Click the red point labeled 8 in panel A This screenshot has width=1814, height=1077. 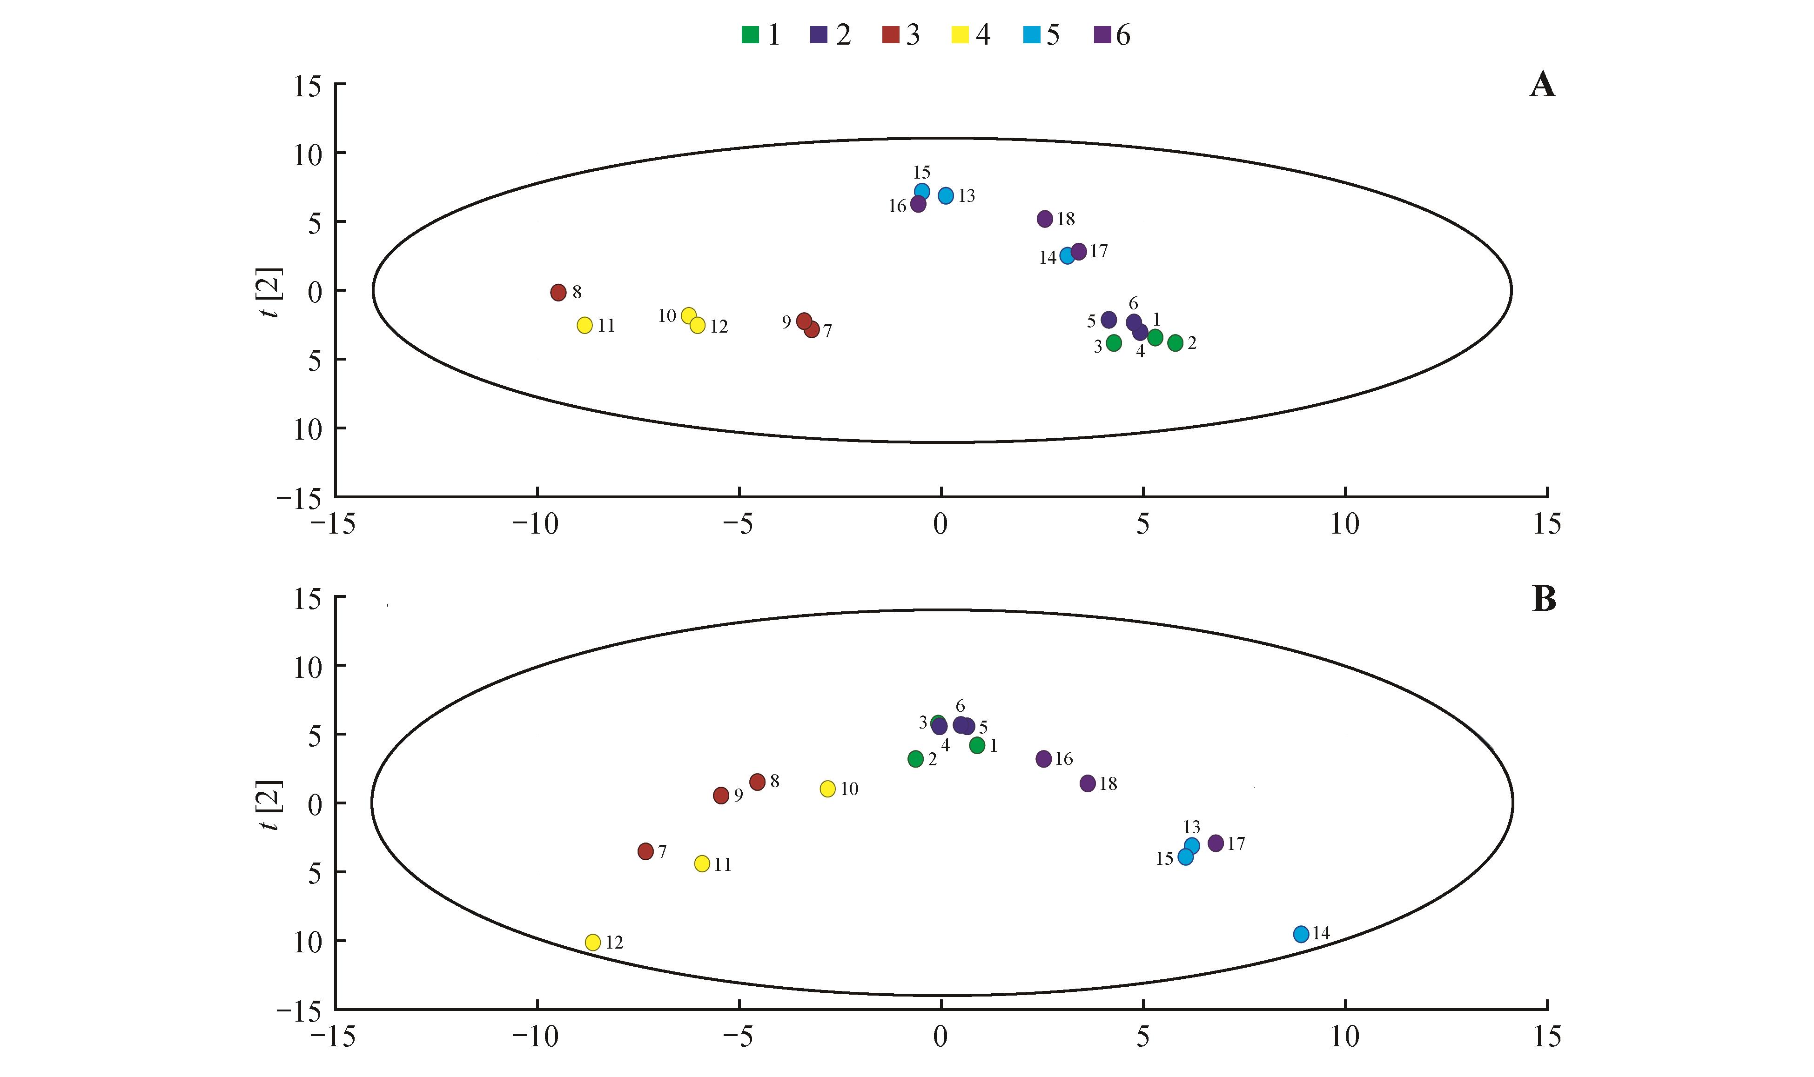point(558,293)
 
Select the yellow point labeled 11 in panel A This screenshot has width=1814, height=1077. point(585,325)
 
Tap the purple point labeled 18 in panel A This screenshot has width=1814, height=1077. point(1045,219)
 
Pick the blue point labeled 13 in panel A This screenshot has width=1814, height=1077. point(946,195)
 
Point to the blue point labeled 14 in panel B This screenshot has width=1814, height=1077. point(1301,934)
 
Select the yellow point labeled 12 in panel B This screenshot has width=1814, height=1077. point(593,942)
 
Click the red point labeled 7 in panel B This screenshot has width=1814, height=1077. point(645,851)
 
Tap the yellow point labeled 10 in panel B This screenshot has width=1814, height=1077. point(827,789)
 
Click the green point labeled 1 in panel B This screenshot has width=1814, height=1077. point(977,745)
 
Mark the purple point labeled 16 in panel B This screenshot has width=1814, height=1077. point(1044,759)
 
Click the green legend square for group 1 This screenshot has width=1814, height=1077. point(750,34)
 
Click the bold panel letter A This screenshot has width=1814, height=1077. point(1543,86)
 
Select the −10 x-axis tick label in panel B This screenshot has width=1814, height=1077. point(536,1037)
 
